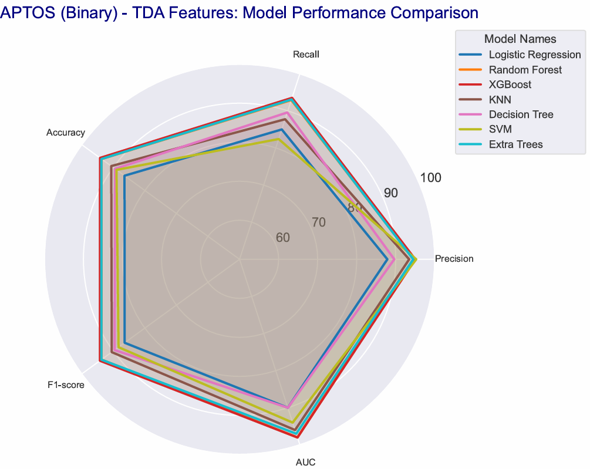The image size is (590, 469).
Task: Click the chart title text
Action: click(240, 12)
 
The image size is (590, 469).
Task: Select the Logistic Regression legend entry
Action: click(534, 55)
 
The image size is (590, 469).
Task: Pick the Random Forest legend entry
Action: click(525, 70)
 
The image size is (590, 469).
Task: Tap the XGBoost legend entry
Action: click(510, 85)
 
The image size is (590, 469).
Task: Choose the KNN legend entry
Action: click(500, 100)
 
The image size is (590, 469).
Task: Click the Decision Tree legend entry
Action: click(521, 114)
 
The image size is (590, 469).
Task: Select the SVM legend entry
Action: click(500, 129)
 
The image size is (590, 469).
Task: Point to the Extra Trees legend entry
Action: click(515, 144)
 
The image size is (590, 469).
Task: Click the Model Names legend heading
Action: click(520, 39)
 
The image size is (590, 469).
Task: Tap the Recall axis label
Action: click(306, 55)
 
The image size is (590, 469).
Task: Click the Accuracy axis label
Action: click(66, 133)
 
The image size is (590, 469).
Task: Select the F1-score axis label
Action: click(66, 386)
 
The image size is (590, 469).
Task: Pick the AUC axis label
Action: click(305, 462)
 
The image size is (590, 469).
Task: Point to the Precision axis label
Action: click(454, 259)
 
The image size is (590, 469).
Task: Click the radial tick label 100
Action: click(431, 178)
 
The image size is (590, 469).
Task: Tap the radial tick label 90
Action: click(391, 193)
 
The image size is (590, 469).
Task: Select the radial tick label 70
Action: click(319, 222)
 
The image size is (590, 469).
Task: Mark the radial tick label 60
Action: click(282, 237)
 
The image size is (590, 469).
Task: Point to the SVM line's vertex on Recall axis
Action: click(279, 140)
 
